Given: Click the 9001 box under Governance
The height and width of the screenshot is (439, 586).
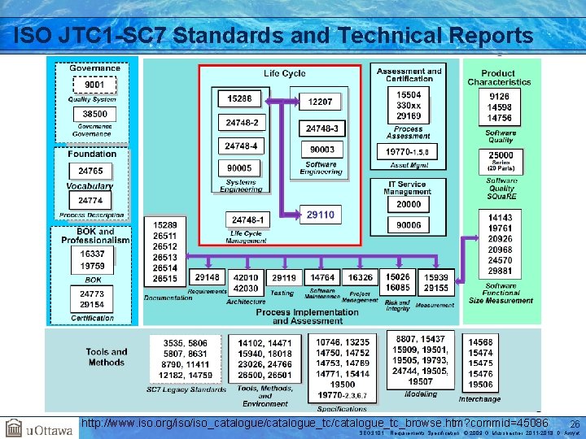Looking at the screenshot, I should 94,85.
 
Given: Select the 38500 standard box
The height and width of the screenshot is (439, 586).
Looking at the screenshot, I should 94,115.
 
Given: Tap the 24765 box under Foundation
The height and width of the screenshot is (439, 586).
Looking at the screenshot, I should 90,171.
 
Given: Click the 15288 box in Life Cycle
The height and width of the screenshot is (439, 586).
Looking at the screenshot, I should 239,98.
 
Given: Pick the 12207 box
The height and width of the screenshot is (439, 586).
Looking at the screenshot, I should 320,102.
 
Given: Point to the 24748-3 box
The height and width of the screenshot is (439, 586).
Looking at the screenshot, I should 322,128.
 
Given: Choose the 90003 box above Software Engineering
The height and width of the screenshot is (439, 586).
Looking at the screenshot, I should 322,150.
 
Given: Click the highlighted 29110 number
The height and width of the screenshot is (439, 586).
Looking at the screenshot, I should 320,215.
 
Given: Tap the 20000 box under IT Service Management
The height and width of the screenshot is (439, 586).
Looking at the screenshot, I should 409,204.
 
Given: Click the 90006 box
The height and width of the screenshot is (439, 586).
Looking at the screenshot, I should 409,225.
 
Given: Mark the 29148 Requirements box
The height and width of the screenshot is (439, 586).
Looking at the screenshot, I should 207,278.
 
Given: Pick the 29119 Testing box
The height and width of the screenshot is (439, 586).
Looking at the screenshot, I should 283,278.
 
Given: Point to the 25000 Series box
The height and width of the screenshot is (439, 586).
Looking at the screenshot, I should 501,158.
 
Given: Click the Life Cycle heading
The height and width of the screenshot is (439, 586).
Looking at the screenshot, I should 285,74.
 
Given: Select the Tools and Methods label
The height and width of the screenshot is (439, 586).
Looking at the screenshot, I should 107,357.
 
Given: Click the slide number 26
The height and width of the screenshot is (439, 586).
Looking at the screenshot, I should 574,424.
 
